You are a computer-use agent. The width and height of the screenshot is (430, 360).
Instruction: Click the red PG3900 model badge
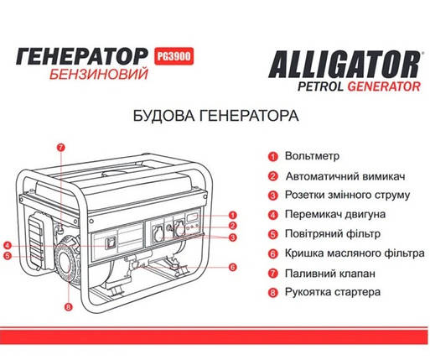click(174, 56)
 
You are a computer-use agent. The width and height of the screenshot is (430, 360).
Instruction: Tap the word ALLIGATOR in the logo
click(345, 65)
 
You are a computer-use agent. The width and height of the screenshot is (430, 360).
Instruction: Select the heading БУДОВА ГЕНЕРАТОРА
click(215, 116)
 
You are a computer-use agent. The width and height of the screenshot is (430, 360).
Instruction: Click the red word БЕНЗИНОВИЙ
click(99, 75)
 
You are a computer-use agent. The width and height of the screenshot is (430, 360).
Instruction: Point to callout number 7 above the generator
click(60, 148)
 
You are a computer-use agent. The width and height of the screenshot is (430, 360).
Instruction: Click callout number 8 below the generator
click(69, 307)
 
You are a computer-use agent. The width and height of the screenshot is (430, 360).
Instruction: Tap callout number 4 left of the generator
click(8, 246)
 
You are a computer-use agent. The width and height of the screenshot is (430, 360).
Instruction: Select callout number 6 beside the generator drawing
click(233, 267)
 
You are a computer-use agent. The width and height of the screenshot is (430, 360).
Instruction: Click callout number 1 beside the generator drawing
click(233, 215)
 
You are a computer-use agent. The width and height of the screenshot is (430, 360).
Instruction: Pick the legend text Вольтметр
click(312, 156)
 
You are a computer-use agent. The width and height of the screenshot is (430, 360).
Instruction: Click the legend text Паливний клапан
click(330, 274)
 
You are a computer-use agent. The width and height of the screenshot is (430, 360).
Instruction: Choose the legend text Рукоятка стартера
click(333, 292)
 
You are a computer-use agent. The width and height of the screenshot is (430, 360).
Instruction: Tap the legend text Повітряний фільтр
click(333, 233)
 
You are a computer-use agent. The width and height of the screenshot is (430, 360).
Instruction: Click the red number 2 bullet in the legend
click(273, 176)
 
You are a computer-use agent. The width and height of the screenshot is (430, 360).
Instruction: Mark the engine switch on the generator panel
click(110, 243)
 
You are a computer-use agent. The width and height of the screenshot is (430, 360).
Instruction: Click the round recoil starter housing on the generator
click(67, 265)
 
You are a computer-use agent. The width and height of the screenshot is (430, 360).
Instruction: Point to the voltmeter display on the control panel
click(193, 217)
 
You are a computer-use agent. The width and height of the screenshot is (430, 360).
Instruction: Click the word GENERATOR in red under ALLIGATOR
click(384, 86)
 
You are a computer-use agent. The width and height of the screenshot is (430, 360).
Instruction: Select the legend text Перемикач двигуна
click(335, 214)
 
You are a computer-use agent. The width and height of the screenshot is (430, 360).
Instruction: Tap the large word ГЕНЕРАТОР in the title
click(82, 56)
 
